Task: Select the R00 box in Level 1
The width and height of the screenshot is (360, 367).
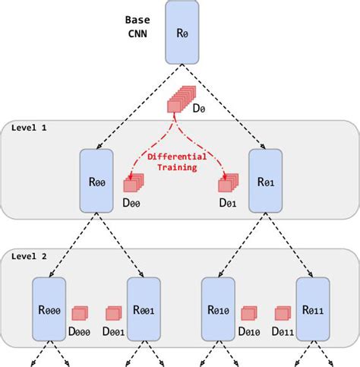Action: pyautogui.click(x=96, y=181)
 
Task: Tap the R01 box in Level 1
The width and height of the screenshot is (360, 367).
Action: pyautogui.click(x=266, y=181)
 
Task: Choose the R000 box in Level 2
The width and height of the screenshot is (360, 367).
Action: pyautogui.click(x=49, y=308)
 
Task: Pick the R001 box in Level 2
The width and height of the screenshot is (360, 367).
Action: pyautogui.click(x=144, y=308)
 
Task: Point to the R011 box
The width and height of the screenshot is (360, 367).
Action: pyautogui.click(x=312, y=308)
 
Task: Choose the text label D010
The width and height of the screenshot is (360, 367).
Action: pyautogui.click(x=249, y=332)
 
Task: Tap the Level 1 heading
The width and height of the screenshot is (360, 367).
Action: pyautogui.click(x=29, y=127)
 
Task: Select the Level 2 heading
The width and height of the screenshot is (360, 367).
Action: pyautogui.click(x=29, y=256)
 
